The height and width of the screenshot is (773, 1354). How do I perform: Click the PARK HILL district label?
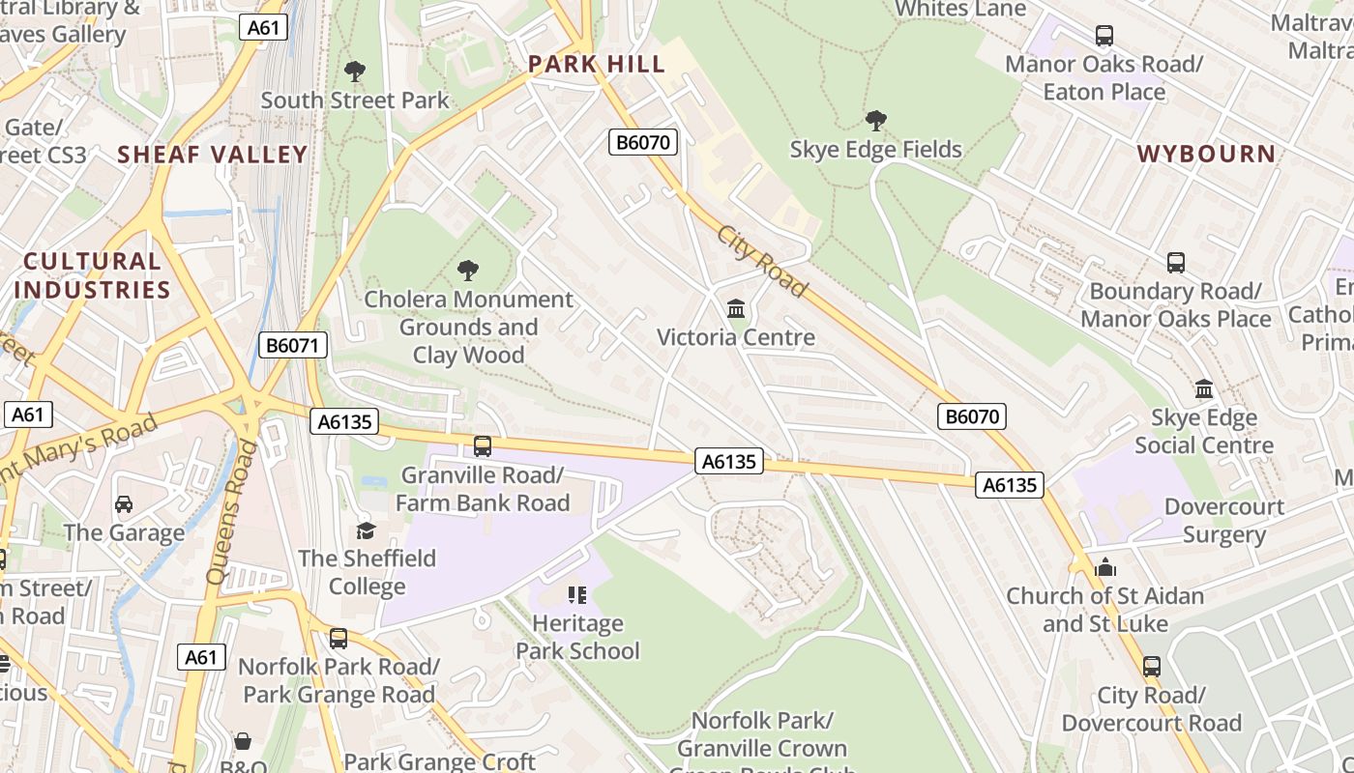[597, 65]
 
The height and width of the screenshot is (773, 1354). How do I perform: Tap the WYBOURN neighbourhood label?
[1206, 154]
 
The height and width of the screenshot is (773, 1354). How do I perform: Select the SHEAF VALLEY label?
[213, 155]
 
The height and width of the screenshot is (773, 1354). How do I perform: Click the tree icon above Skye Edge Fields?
[875, 121]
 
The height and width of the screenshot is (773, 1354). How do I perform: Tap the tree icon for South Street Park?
[355, 72]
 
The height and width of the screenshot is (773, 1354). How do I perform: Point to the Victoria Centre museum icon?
[736, 309]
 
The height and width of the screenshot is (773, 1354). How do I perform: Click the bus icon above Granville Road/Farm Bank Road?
[482, 446]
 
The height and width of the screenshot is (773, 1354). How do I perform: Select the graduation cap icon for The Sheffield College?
[366, 530]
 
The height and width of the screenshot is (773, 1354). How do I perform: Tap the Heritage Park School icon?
[577, 594]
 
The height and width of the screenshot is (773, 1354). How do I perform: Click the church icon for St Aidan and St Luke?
[1105, 567]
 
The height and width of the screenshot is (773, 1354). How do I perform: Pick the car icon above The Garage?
[124, 504]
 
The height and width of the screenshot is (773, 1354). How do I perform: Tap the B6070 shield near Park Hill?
[643, 143]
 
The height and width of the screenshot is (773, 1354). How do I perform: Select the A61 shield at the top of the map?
[263, 27]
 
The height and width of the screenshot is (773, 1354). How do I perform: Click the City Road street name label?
[761, 262]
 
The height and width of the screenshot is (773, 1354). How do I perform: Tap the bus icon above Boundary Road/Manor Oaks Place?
[1175, 263]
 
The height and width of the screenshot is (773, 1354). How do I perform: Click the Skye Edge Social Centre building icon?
[1204, 389]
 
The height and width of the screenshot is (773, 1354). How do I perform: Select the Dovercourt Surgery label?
[1223, 521]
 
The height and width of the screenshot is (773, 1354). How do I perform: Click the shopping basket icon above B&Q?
[242, 741]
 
